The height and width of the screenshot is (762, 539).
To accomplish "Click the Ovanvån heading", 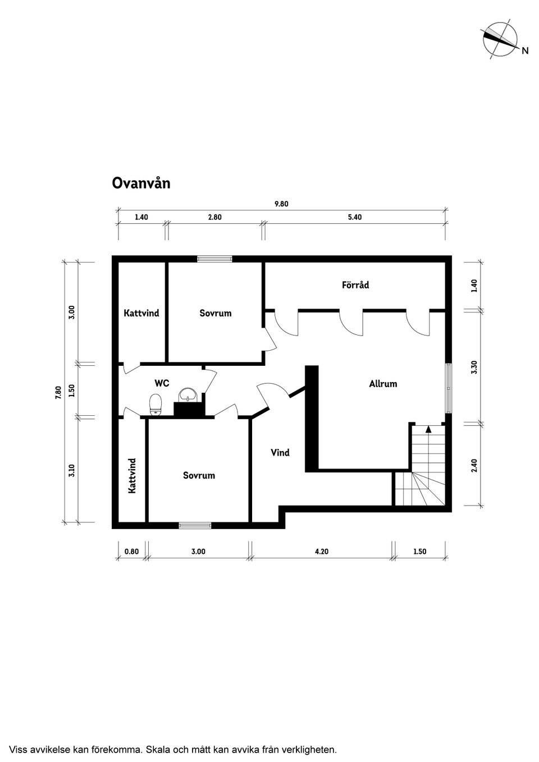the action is [x=141, y=183].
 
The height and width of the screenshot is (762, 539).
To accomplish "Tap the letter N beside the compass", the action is [x=525, y=51].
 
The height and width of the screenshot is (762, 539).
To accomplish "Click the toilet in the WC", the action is [x=156, y=405].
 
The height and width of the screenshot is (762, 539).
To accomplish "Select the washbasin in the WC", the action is [x=188, y=394].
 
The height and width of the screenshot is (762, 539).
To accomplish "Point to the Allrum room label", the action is [x=383, y=384].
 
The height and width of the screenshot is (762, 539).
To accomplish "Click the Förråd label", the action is [x=355, y=284].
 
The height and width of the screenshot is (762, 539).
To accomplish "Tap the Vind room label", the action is [x=280, y=452].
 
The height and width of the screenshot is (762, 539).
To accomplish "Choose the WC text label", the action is [x=162, y=383].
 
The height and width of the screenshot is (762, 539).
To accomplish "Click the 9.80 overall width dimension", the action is [x=281, y=204].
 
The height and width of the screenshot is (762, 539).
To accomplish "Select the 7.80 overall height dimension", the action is [x=58, y=393].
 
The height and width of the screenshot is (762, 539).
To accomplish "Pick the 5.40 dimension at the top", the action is [x=355, y=217].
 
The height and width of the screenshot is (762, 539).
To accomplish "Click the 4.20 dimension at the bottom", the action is [x=322, y=552].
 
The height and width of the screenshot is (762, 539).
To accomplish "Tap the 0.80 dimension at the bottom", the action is [x=132, y=552].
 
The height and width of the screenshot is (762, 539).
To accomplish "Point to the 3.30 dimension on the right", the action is [x=474, y=367].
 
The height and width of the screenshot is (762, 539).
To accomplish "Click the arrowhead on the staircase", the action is [x=428, y=429].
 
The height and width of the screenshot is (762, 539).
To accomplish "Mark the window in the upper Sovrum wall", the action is [x=215, y=259].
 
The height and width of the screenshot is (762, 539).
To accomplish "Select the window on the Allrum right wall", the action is [x=449, y=388].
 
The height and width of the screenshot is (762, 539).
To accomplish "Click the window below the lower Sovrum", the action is [x=195, y=526].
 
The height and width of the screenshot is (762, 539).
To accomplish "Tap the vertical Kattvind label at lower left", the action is [x=132, y=476].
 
